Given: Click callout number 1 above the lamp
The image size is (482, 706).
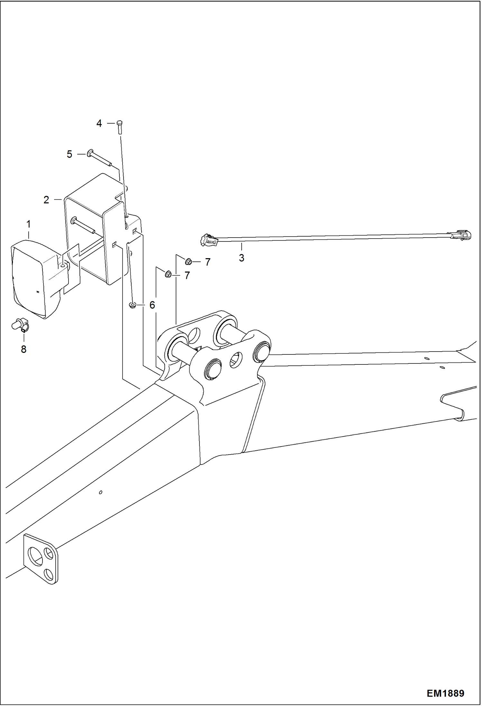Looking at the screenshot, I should pos(28,224).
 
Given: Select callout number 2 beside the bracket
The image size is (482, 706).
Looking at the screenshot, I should pos(46,200).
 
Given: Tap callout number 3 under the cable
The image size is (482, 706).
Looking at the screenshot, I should pos(241,258).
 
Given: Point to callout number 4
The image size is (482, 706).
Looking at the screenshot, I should pos(99,123).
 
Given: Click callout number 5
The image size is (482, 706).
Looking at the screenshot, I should pos(70,154).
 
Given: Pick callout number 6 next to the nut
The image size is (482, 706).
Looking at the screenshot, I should pos(152,305).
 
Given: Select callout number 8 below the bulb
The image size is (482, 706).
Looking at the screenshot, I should pos(23,349).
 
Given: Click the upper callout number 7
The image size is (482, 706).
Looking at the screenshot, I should pos(208,262).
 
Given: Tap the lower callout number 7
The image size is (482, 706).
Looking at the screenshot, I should pos(187,275).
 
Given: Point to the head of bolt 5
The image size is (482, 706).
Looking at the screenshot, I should pos(90,153).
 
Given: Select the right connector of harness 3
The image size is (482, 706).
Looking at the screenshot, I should pos(461,235).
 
